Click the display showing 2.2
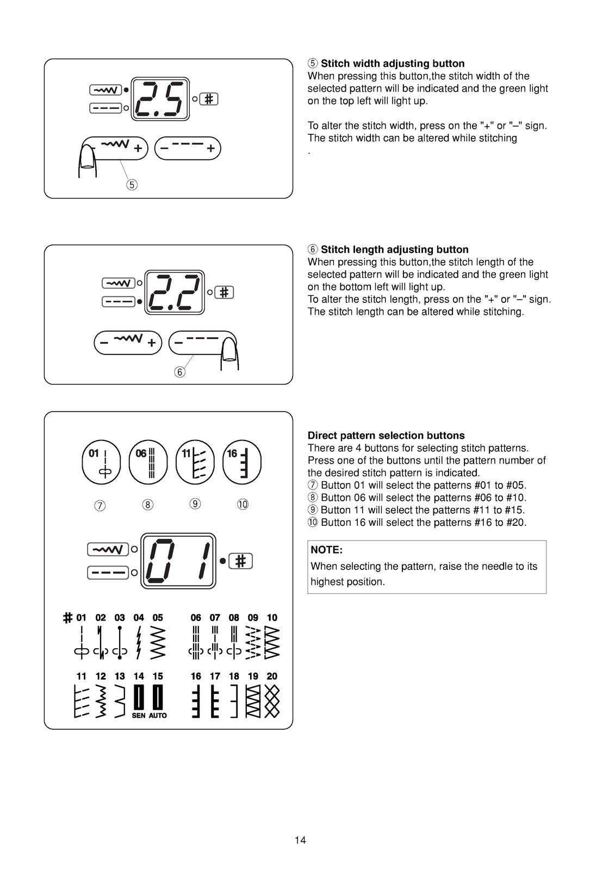click(x=175, y=293)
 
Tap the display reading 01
click(x=178, y=561)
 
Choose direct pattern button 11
click(x=195, y=462)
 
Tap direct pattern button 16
click(x=242, y=462)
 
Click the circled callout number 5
click(x=132, y=184)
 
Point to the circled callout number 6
click(x=179, y=372)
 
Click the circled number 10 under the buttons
click(x=243, y=504)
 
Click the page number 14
click(x=300, y=840)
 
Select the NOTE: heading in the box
click(x=326, y=550)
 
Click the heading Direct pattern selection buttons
click(x=386, y=436)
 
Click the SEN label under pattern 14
click(x=139, y=716)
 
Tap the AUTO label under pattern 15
click(x=158, y=716)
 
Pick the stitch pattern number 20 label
click(x=272, y=676)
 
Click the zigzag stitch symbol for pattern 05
click(x=158, y=642)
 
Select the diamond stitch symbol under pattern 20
click(x=272, y=701)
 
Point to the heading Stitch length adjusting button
click(x=394, y=250)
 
